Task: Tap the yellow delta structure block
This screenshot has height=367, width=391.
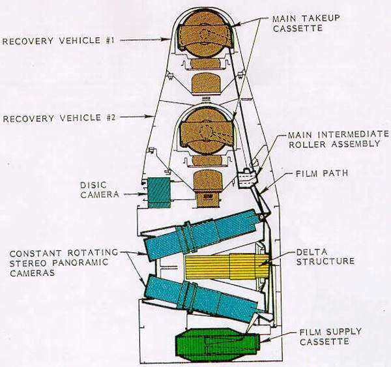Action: click(x=225, y=266)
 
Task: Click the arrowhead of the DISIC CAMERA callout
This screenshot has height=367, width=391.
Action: click(x=145, y=193)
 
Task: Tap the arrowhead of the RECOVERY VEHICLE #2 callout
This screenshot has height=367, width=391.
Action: click(x=154, y=118)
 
